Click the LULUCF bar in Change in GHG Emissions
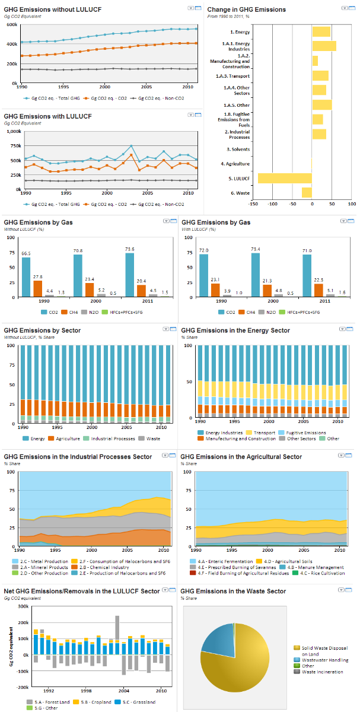coord(285,178)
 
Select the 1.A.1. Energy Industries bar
coord(324,46)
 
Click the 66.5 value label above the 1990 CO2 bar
coord(26,253)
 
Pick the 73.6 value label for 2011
coord(129,249)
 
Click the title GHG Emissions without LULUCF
coord(45,9)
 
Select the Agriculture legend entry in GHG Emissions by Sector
coord(68,438)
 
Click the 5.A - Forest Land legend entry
coord(52,702)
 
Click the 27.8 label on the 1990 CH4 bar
coord(38,276)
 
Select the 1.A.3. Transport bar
coord(320,75)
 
